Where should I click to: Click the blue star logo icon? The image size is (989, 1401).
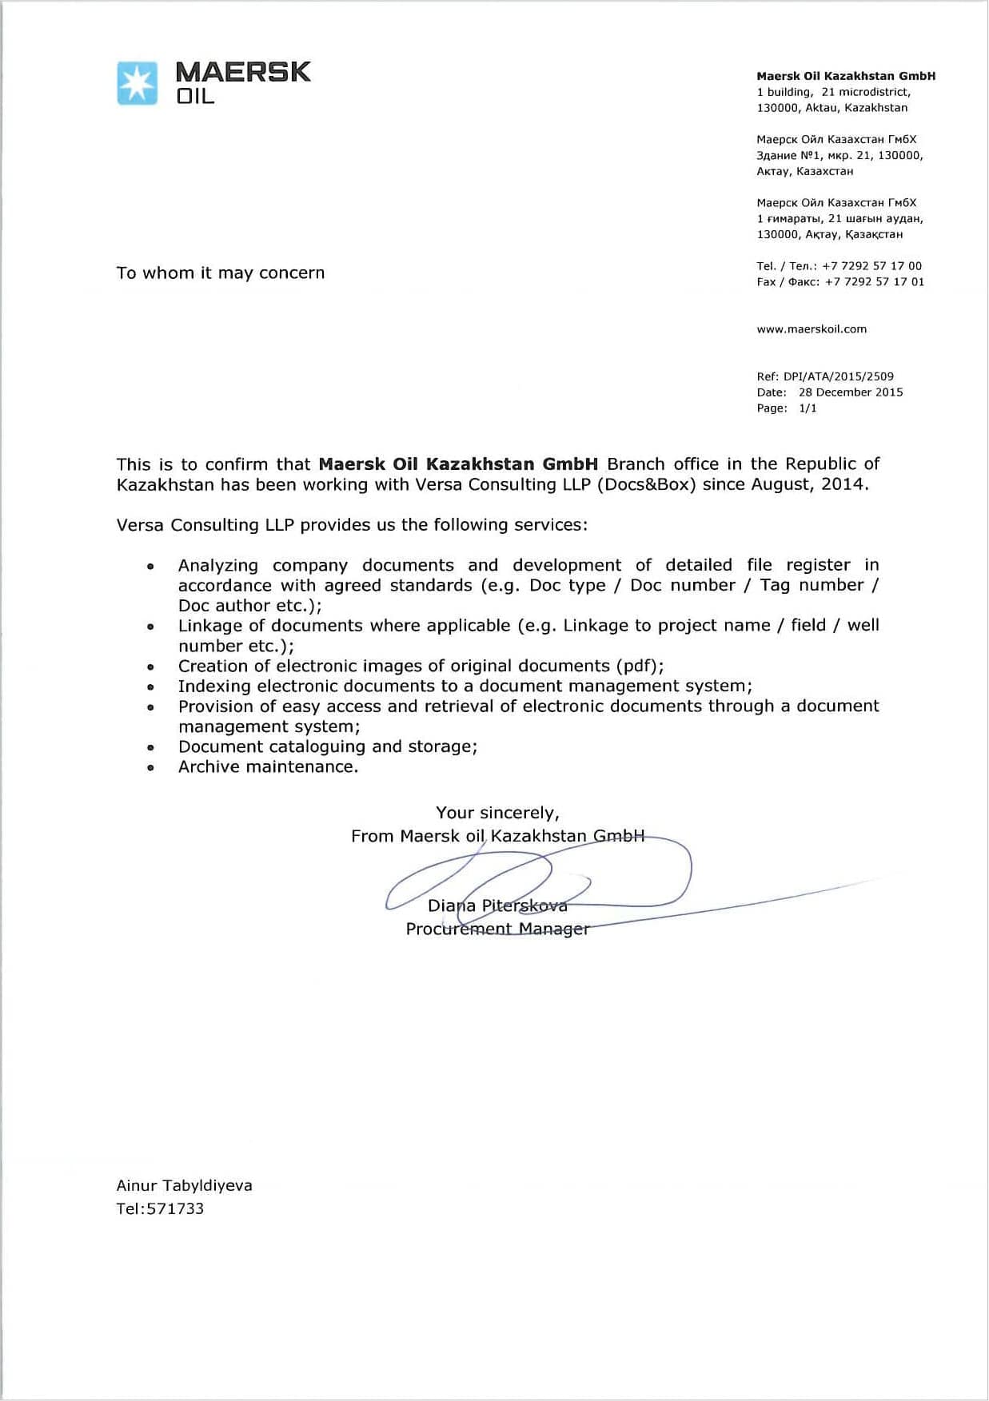pos(138,83)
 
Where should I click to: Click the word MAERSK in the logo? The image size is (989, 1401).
pos(242,72)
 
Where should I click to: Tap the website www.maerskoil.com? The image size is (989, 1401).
pos(812,329)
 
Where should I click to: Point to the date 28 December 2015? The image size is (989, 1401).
pos(851,392)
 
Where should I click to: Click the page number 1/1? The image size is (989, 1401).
pos(808,408)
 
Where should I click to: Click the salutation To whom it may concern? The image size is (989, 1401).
pos(221,273)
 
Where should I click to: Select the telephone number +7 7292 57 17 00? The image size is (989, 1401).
pos(871,266)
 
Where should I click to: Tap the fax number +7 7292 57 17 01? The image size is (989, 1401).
pos(875,282)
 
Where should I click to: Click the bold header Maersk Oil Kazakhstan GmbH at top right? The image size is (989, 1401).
pos(846,76)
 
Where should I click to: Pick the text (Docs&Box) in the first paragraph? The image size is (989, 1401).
pos(648,485)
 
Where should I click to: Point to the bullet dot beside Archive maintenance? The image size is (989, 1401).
pos(150,768)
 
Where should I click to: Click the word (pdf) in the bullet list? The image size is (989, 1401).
pos(638,667)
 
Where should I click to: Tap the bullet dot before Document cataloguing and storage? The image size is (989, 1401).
pos(150,748)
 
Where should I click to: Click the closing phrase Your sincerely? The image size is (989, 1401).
pos(497,813)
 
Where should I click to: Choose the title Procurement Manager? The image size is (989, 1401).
pos(497,929)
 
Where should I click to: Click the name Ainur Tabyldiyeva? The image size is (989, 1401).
pos(184,1186)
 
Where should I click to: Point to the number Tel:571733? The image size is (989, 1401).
pos(160,1209)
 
